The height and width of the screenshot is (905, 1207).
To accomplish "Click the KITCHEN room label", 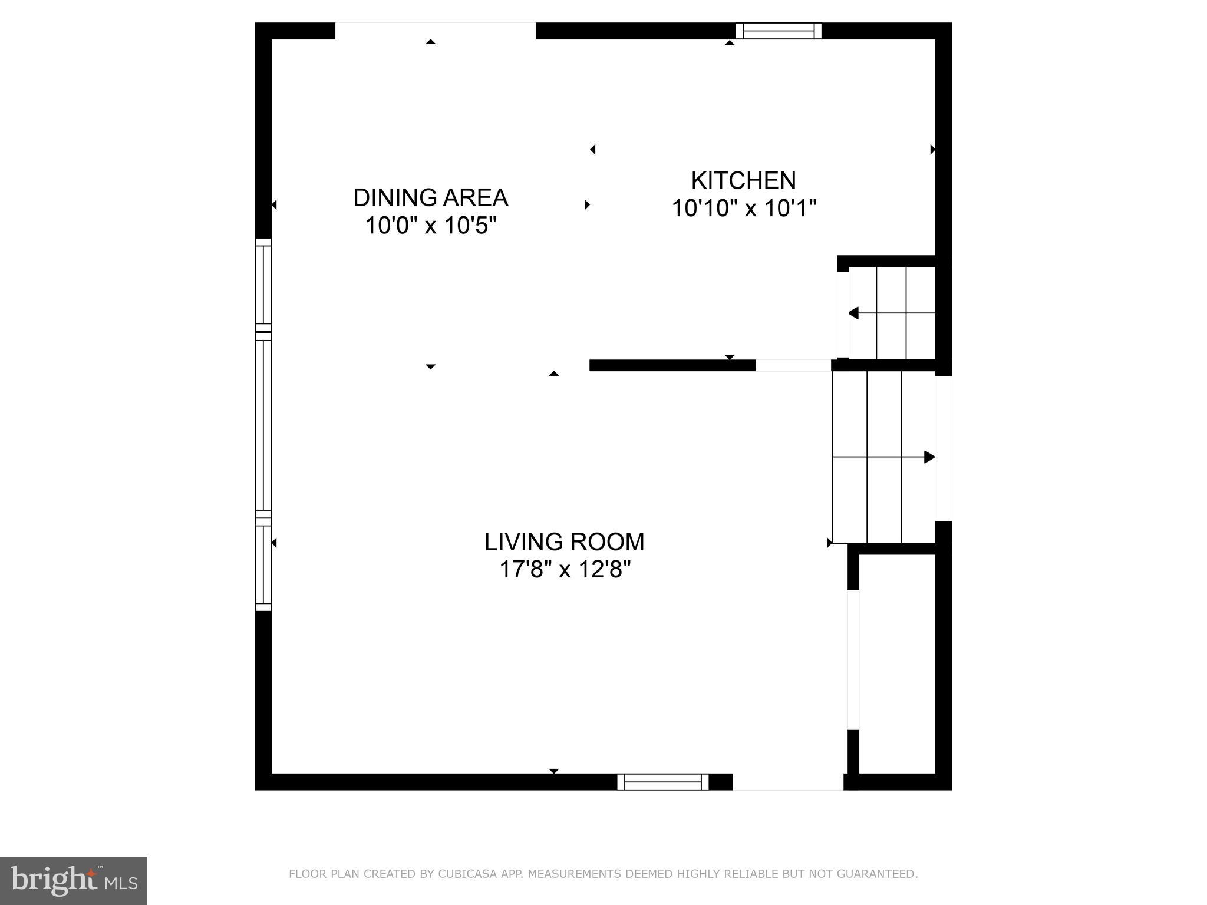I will pos(743,180).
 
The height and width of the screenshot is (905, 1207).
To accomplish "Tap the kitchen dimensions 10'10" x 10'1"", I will pos(744,208).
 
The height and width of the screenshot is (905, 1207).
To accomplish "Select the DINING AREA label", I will pos(430,197).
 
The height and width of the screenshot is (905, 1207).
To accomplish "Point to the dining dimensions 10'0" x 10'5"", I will pos(430,226).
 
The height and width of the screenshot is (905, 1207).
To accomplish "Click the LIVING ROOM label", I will pos(564,541).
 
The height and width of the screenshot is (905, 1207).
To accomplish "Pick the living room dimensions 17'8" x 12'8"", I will pos(565,570).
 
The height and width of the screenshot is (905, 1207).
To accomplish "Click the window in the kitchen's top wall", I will pos(778,31).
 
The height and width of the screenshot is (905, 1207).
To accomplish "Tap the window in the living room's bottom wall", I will pos(663,782).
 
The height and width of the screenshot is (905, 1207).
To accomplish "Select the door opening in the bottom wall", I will pos(787,782).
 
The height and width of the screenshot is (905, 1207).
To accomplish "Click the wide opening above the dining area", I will pos(435,31).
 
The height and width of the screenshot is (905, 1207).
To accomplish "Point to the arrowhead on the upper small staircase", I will pos(853,313).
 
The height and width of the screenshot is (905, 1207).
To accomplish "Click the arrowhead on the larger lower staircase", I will pos(929,457).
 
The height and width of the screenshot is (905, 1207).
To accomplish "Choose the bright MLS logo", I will pos(73,880).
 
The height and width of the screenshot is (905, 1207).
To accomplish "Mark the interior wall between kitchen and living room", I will pos(672,365).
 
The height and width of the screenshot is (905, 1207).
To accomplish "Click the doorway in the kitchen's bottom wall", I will pos(793,365).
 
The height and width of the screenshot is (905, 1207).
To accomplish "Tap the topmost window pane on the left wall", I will pos(263,284).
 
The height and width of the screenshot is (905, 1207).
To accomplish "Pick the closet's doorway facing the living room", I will pos(853,659).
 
